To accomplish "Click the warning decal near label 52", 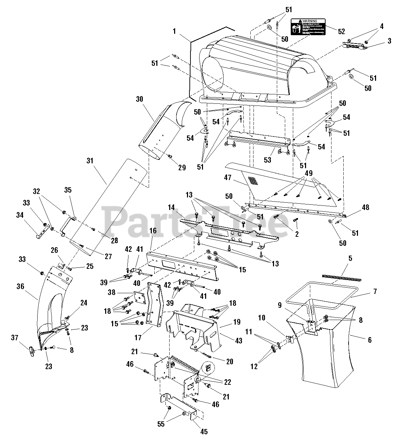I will point(308,27).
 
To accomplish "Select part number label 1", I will point(174,31).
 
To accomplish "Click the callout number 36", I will point(20,286).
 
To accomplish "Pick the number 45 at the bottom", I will point(204,431).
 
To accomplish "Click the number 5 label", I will point(350,258).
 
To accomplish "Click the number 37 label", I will point(15,338).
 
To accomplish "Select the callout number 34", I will point(20,215).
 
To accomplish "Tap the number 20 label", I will point(229,362).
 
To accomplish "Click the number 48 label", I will point(365,207).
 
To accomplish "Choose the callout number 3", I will point(381,41).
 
